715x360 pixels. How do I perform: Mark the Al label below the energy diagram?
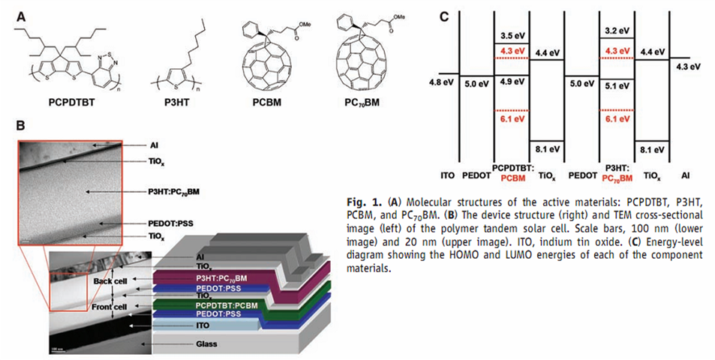[x=685, y=175]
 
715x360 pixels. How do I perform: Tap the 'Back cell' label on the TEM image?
[x=113, y=280]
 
